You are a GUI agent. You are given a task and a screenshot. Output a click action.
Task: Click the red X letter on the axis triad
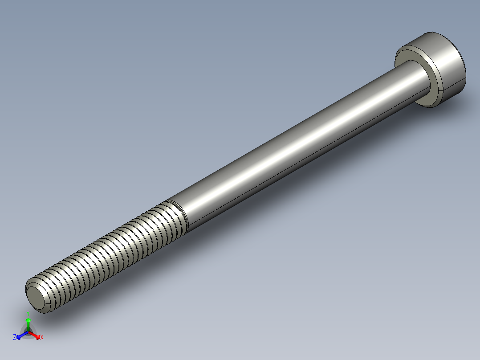42,338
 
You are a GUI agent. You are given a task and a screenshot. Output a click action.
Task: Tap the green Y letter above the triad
28,313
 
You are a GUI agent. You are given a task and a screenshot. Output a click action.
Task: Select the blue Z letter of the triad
15,338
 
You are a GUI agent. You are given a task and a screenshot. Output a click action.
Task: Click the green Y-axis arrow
28,323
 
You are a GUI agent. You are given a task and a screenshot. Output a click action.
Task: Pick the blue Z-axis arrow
20,335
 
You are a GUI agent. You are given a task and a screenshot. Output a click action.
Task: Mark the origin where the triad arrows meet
28,332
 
